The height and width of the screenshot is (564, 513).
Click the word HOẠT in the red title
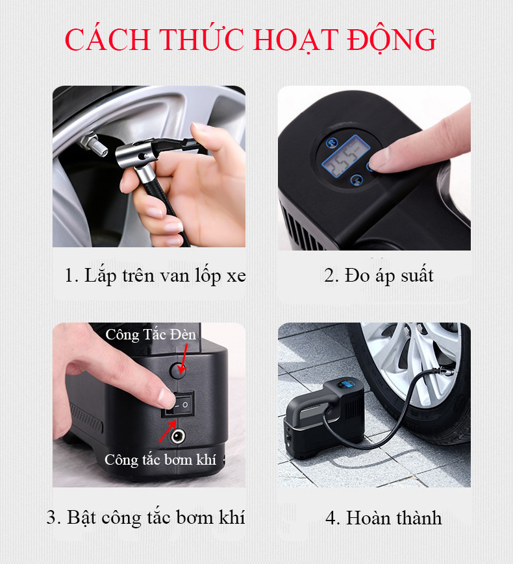pos(296,40)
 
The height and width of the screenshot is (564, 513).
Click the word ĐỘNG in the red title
pos(392,39)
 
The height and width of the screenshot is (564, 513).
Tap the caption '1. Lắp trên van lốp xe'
pos(155,276)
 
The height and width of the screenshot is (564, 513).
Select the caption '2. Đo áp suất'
pos(379,276)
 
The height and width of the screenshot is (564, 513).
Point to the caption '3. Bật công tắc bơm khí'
pos(146,518)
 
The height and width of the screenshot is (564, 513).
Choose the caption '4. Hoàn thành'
pos(383,518)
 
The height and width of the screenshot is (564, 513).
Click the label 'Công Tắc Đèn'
pos(151,334)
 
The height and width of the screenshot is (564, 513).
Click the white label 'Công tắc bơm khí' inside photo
pos(160,460)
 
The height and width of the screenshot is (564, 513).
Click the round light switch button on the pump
pos(177,370)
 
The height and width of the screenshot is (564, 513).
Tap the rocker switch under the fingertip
pos(177,404)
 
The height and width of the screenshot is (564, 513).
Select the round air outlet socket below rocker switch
pos(177,436)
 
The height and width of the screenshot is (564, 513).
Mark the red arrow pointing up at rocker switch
pos(168,431)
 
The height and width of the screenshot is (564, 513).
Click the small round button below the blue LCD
pos(357,180)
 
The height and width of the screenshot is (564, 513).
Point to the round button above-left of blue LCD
pos(332,143)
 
